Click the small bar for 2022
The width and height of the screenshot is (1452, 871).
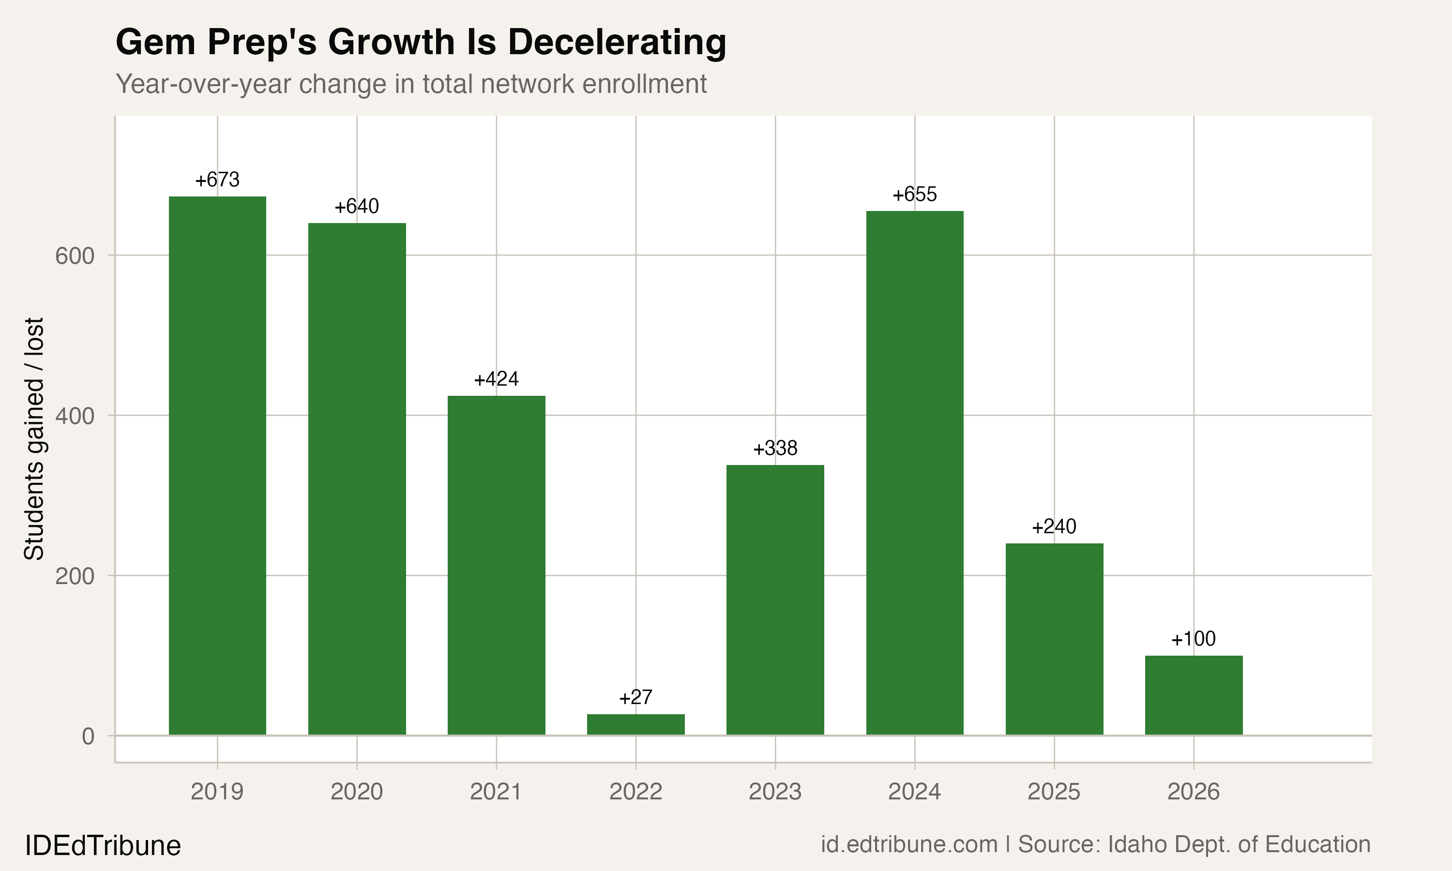[635, 725]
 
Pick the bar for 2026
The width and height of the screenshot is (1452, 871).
[1194, 695]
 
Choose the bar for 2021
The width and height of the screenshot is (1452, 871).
[497, 565]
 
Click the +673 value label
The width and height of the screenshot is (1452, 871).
[217, 180]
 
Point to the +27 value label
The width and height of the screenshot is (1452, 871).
[635, 697]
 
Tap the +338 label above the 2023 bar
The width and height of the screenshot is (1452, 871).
[775, 449]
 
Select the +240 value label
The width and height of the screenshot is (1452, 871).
[1054, 526]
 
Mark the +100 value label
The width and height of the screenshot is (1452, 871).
[1194, 639]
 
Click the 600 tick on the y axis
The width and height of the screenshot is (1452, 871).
[75, 256]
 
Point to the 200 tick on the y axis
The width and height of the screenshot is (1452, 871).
[75, 576]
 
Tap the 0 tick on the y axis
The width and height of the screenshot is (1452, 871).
[88, 736]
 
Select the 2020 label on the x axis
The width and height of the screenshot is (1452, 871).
[357, 792]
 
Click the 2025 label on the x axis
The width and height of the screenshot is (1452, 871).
[1054, 792]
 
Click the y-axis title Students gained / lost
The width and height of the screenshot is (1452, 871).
[34, 438]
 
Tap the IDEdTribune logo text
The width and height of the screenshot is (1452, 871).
[103, 846]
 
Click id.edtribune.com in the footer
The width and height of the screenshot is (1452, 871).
[908, 844]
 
